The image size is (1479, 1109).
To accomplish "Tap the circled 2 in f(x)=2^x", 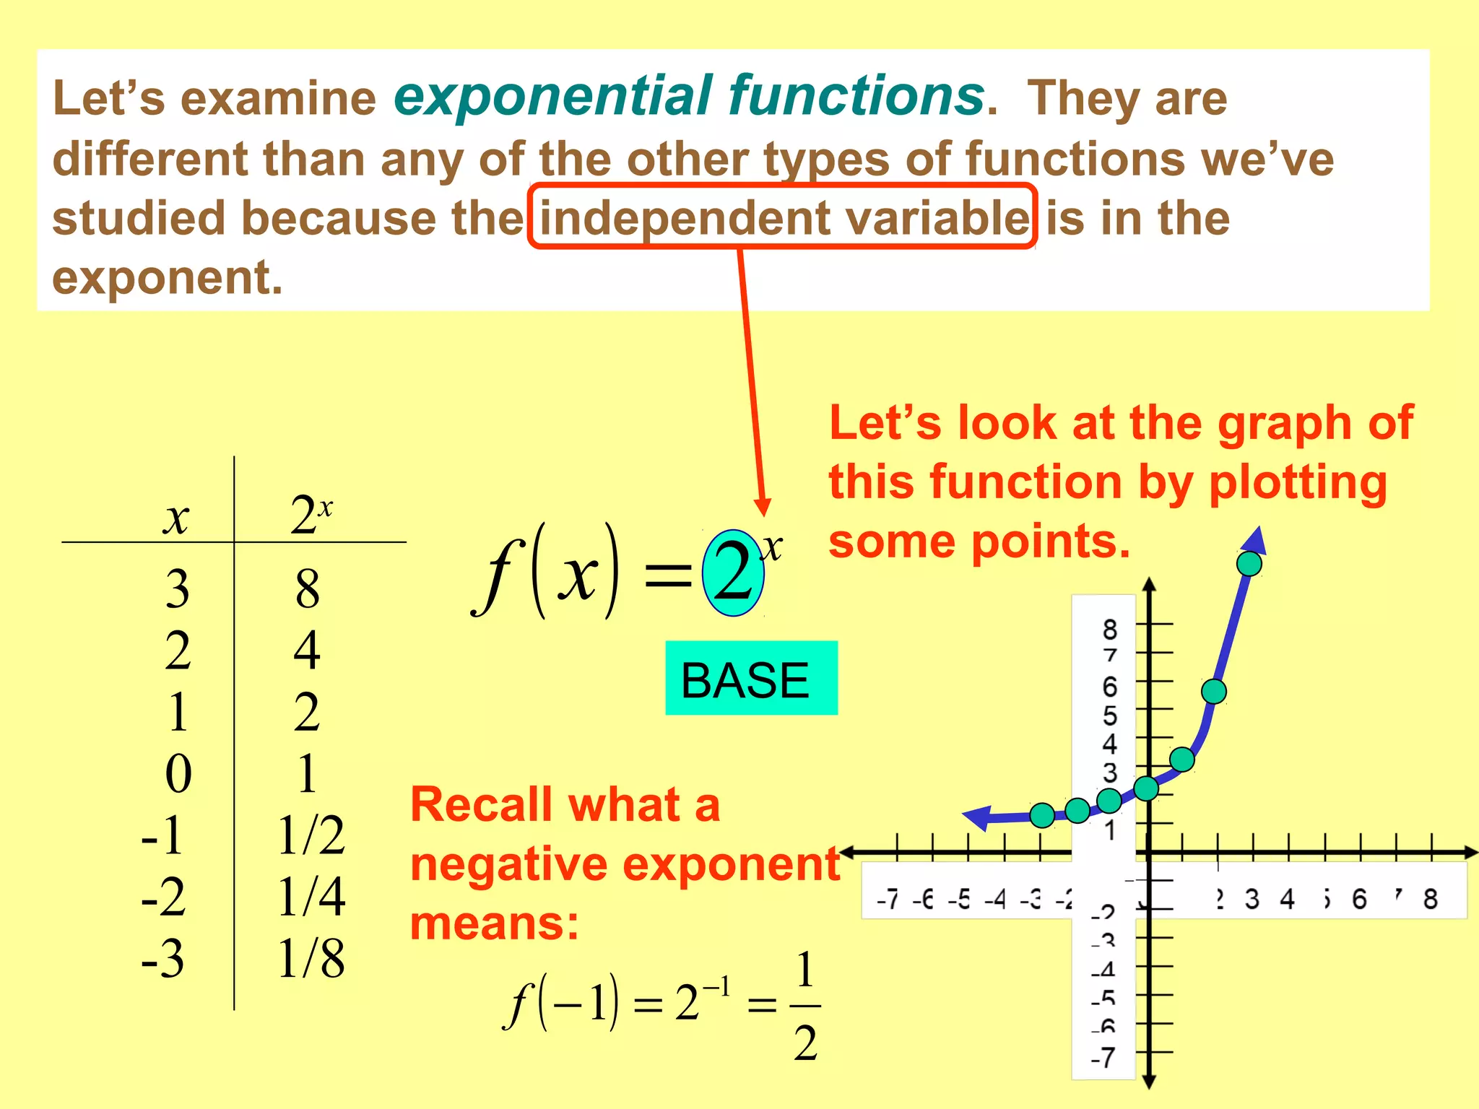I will tap(733, 573).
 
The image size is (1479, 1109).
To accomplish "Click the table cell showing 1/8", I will tap(311, 959).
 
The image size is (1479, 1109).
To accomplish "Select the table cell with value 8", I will tap(307, 588).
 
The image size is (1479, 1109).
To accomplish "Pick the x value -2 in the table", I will tap(163, 897).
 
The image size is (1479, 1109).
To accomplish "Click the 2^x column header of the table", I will tap(311, 515).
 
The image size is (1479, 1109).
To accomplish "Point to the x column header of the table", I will tap(175, 518).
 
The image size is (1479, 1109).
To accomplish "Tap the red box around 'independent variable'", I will tap(782, 217).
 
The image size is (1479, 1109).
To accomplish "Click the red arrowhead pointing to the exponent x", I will tap(763, 507).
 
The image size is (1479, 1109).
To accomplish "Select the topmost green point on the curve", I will tap(1249, 563).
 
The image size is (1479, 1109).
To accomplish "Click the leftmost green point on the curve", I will tap(1042, 815).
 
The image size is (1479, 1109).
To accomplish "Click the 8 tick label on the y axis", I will tap(1110, 630).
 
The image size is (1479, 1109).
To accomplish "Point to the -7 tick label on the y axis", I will tap(1103, 1058).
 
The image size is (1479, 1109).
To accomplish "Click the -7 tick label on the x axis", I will tap(888, 900).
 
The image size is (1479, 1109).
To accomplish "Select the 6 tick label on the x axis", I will tap(1359, 900).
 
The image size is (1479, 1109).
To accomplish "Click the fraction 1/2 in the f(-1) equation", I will tap(805, 1006).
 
